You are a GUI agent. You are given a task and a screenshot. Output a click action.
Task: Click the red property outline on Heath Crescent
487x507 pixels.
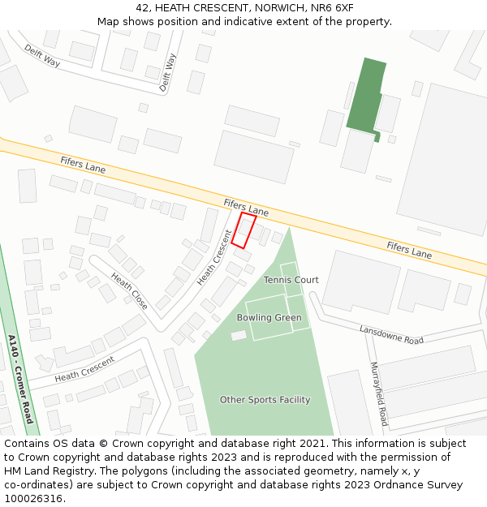(x=243, y=230)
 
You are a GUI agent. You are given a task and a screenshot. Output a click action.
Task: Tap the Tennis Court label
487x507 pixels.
(x=291, y=280)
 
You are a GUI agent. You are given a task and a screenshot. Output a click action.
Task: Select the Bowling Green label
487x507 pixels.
(x=269, y=318)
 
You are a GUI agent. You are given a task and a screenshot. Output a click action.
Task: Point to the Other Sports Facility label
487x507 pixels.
(x=265, y=400)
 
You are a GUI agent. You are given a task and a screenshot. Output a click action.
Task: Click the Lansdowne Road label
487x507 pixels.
(x=391, y=334)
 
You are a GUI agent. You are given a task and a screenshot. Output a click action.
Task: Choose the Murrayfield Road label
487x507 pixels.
(x=378, y=394)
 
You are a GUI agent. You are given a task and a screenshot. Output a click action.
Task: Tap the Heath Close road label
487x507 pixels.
(x=130, y=291)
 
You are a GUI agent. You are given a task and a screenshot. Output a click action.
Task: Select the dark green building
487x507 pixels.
(x=365, y=96)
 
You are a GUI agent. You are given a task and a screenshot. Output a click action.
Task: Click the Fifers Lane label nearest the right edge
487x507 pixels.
(x=409, y=249)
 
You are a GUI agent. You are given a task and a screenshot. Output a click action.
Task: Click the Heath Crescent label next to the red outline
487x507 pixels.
(x=214, y=258)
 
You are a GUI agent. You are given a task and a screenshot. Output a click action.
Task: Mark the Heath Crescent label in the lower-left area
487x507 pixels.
(x=84, y=370)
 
